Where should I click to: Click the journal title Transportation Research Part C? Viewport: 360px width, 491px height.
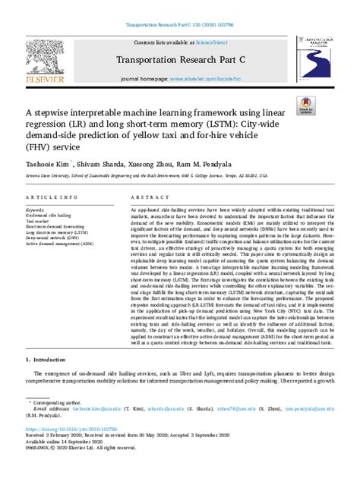coord(179,60)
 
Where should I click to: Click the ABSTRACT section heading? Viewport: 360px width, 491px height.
coord(147,196)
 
